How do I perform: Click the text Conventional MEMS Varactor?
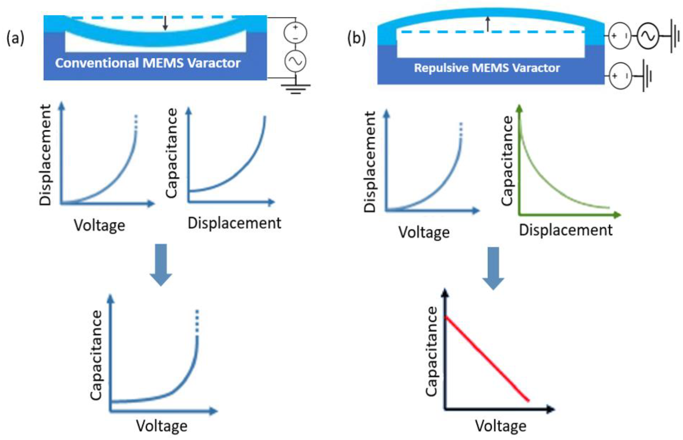148,63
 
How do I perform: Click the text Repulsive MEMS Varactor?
487,68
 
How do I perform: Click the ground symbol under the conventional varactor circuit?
295,88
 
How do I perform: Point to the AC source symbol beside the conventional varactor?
295,61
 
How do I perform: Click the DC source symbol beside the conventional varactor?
295,33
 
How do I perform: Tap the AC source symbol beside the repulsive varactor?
648,36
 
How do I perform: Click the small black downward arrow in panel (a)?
165,23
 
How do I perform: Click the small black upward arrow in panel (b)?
488,24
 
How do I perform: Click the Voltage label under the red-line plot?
500,426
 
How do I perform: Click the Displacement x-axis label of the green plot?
566,230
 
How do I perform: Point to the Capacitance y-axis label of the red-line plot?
431,352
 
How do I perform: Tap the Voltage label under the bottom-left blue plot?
161,426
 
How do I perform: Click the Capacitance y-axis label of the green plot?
507,160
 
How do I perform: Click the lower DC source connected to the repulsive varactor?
620,76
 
